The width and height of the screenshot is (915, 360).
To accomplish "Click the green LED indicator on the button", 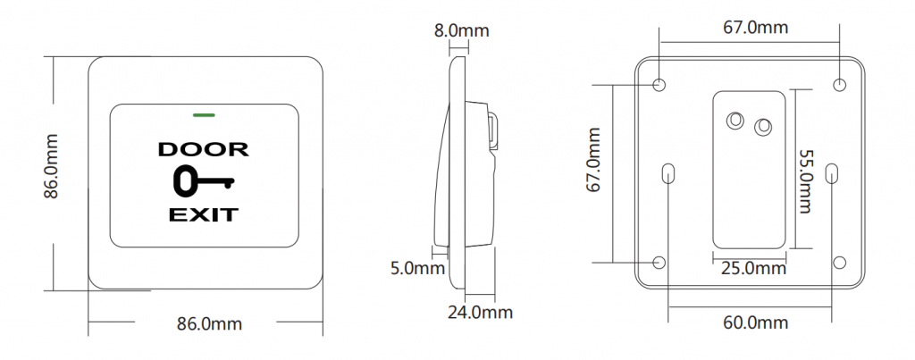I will point(204,114).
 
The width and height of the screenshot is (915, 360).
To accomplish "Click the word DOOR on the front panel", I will point(204,149).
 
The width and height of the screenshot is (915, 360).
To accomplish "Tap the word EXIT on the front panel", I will point(204,214).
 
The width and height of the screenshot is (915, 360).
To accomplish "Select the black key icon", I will point(203,181).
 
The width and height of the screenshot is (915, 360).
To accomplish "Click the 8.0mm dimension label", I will point(461,30).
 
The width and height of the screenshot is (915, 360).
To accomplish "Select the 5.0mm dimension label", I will point(417,267).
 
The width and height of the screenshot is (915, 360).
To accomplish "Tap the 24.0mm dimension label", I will point(481,312).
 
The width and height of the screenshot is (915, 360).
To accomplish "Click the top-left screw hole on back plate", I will point(659,84).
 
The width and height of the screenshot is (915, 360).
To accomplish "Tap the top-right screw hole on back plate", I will point(839,84).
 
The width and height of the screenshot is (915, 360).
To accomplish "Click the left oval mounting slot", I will point(669,173).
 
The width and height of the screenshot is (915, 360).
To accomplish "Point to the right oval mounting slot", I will point(832,173).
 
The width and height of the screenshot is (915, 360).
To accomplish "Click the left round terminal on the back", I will point(736,119).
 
